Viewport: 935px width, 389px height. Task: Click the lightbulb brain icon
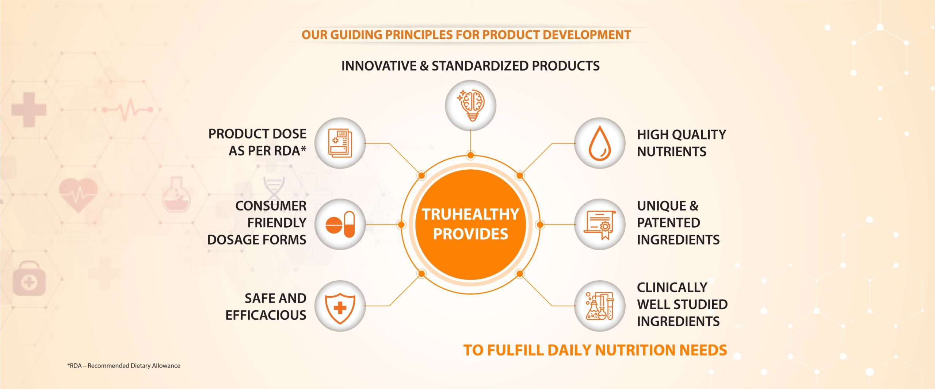click(x=470, y=105)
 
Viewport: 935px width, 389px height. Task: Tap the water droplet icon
click(x=599, y=143)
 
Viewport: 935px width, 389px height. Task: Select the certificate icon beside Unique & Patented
click(x=600, y=224)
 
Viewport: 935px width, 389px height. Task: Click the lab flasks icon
click(x=600, y=306)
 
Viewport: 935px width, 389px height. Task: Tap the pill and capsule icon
click(x=340, y=224)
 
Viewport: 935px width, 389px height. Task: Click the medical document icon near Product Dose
click(x=340, y=143)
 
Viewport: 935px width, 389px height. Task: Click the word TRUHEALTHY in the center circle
click(x=470, y=214)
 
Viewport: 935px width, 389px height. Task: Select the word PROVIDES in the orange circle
click(x=470, y=234)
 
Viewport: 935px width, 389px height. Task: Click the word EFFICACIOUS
click(x=266, y=315)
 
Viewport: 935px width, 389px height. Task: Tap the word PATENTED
click(x=668, y=223)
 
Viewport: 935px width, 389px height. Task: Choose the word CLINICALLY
click(x=672, y=288)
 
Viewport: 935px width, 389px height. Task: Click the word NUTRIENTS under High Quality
click(x=672, y=151)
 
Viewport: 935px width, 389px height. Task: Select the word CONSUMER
click(x=271, y=206)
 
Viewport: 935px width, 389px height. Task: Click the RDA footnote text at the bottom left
click(x=123, y=366)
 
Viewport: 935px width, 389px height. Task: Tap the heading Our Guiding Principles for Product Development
click(x=466, y=35)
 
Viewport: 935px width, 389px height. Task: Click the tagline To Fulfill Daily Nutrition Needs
click(x=595, y=350)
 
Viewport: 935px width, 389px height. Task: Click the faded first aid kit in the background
click(x=29, y=278)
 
